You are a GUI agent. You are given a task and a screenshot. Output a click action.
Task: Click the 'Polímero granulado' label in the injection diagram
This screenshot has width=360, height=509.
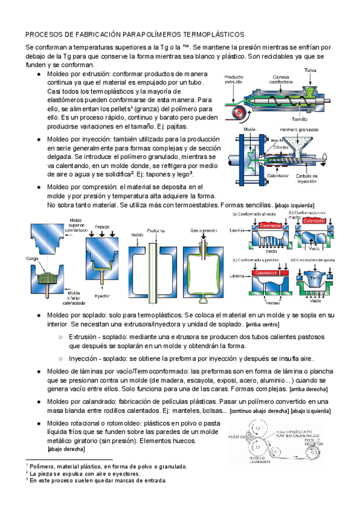tap(300, 128)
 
